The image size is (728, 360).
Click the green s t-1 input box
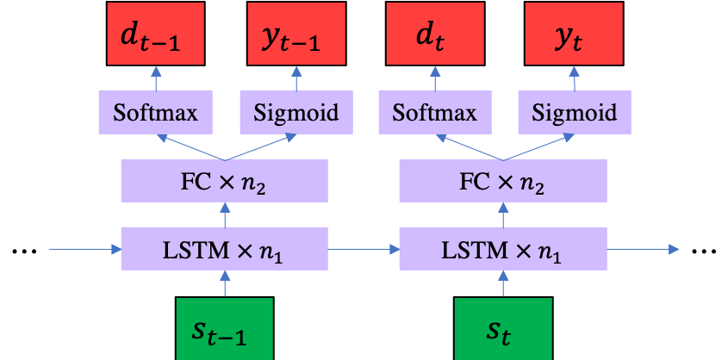coord(225,328)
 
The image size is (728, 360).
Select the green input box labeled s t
coord(503,328)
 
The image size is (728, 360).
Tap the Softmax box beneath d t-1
coord(156,113)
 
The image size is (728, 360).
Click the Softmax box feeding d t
coord(435,113)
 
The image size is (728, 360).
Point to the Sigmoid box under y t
coord(575,113)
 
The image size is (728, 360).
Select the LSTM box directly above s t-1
coord(225,250)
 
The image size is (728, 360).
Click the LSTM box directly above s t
coord(503,250)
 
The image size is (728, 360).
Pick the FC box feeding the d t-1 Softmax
coord(225,181)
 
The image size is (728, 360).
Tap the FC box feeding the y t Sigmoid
coord(503,181)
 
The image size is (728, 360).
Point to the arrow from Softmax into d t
coord(435,78)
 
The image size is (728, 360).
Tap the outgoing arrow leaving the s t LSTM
coord(643,250)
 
